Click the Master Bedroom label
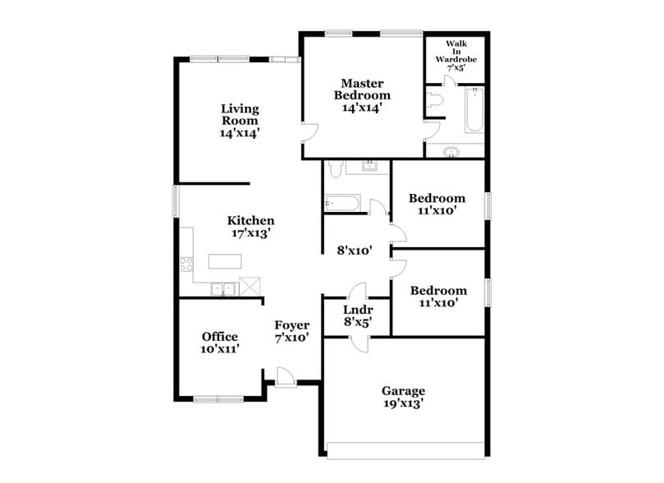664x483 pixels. pos(361,95)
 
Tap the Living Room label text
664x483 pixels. pos(240,120)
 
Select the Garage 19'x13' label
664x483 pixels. pos(402,397)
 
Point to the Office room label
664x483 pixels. pos(220,343)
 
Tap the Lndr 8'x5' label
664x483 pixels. pos(357,315)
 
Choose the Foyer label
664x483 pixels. pos(291,330)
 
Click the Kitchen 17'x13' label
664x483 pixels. pos(250,226)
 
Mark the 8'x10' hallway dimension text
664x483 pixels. pos(356,251)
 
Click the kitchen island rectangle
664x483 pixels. pos(226,261)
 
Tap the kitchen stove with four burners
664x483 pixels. pos(186,264)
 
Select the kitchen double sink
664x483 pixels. pos(220,288)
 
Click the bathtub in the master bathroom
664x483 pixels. pos(474,112)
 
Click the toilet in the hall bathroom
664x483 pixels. pos(334,170)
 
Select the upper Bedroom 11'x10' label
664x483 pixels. pos(437,204)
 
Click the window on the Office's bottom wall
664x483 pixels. pos(218,399)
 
